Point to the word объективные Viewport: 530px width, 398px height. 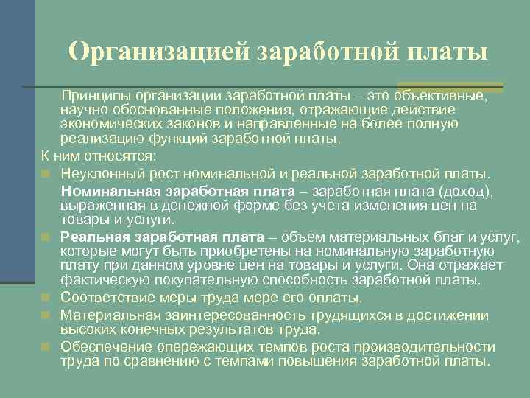[x=440, y=96]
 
